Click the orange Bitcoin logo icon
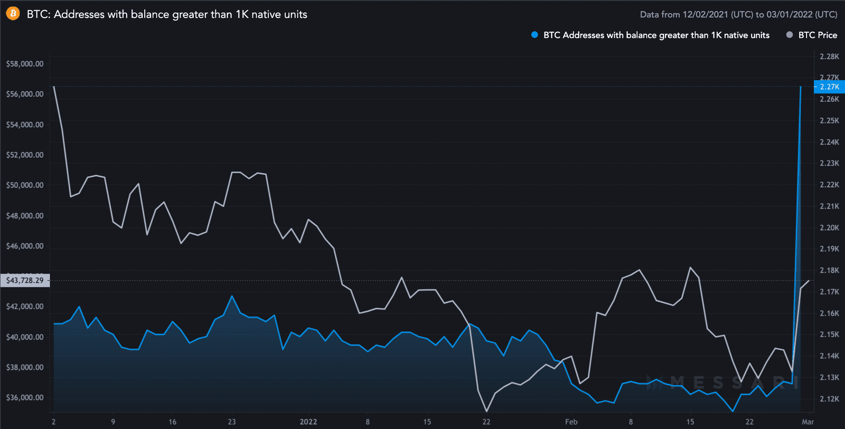click(x=13, y=14)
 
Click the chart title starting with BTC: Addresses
click(x=167, y=14)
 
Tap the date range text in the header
click(x=738, y=14)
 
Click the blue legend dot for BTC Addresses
click(x=534, y=35)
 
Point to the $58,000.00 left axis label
click(x=25, y=64)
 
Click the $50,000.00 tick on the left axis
click(x=25, y=185)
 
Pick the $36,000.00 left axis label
click(x=25, y=397)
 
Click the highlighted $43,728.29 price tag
click(x=25, y=280)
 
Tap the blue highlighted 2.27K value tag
click(x=829, y=87)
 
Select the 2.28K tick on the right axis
click(x=829, y=56)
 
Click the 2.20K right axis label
click(x=829, y=227)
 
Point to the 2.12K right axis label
click(x=829, y=399)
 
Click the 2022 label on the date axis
click(x=308, y=422)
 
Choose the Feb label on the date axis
click(x=571, y=422)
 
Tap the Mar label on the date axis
click(x=808, y=422)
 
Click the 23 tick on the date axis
click(x=232, y=422)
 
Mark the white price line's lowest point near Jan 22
click(x=486, y=411)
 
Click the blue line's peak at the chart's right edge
click(x=801, y=87)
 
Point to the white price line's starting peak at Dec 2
click(x=54, y=87)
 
